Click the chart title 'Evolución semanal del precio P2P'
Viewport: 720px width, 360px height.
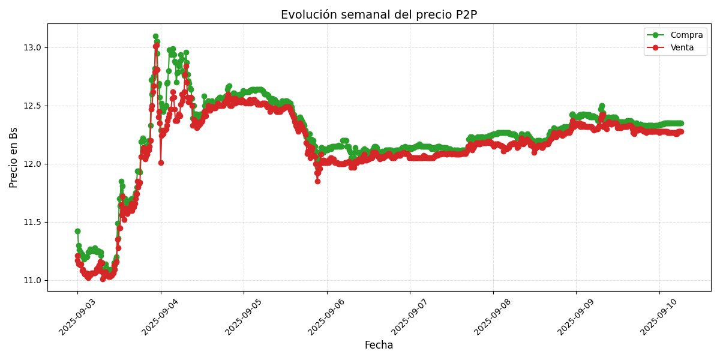pyautogui.click(x=379, y=15)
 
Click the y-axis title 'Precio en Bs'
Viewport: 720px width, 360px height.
pyautogui.click(x=14, y=157)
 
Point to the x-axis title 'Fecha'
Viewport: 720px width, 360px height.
pyautogui.click(x=379, y=346)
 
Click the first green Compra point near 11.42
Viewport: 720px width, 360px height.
pyautogui.click(x=77, y=231)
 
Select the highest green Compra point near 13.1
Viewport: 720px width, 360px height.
pyautogui.click(x=155, y=36)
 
